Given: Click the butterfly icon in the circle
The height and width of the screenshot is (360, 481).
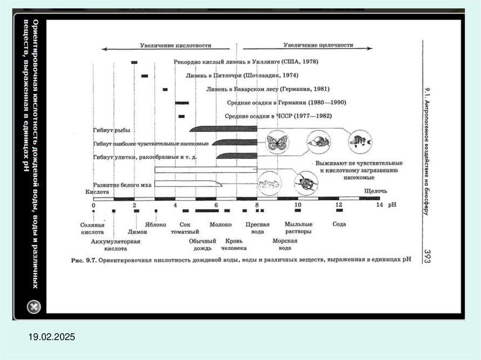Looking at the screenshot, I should pos(277,142).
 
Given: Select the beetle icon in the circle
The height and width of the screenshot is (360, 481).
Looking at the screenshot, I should pos(306,183).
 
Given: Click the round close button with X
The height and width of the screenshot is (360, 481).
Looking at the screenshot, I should pos(34,307).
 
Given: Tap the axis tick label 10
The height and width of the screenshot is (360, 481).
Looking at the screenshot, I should pos(297,206).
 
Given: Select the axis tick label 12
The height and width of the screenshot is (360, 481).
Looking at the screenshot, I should pos(339,206).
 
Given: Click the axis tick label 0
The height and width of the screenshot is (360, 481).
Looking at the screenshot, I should pos(93,206).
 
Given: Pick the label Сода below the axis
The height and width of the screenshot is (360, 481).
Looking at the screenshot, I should pos(339,224).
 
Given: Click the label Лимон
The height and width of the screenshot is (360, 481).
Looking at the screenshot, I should pos(138,232).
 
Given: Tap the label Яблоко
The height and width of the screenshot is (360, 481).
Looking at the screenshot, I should pos(155,224).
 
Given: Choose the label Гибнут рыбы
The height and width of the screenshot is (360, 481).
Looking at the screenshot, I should pos(111,130).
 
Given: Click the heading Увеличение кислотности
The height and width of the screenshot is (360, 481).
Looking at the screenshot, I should pos(176,46).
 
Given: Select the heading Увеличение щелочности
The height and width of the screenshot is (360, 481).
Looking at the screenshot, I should pos(318,46).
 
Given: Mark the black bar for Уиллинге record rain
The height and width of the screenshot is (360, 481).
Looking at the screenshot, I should pos(134,62).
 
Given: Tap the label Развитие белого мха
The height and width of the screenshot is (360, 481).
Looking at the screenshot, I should pos(122,185).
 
